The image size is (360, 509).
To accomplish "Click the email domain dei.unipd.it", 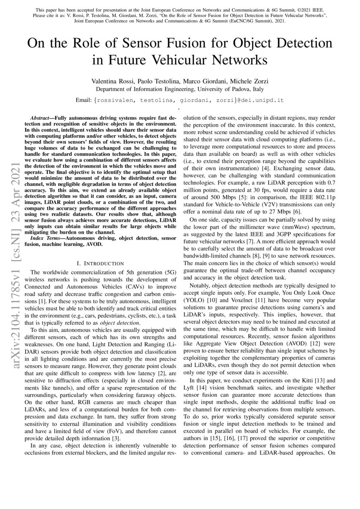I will click(262, 100).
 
